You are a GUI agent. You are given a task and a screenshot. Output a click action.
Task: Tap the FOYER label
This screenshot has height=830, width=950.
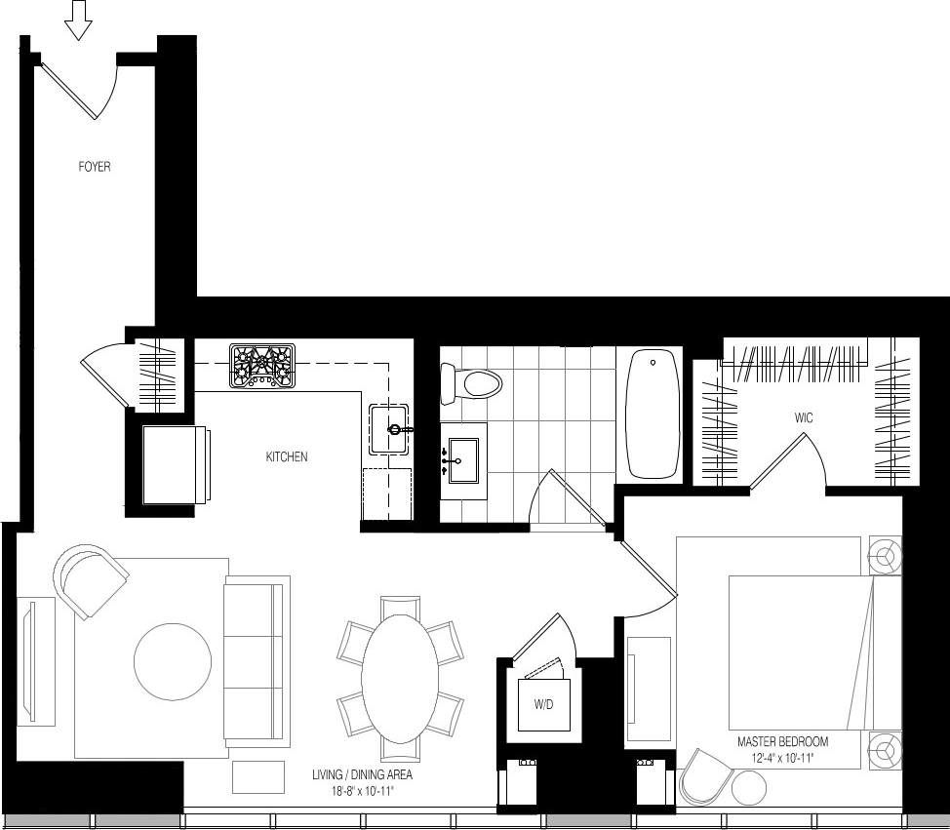pyautogui.click(x=95, y=167)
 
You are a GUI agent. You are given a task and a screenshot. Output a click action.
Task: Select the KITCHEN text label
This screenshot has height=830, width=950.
pyautogui.click(x=287, y=456)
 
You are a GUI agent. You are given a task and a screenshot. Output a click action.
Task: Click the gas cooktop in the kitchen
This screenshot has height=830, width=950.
pyautogui.click(x=261, y=366)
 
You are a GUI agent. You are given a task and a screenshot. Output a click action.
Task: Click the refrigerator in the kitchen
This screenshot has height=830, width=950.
pyautogui.click(x=176, y=464)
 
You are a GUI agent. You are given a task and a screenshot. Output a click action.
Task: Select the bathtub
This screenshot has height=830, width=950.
pyautogui.click(x=653, y=415)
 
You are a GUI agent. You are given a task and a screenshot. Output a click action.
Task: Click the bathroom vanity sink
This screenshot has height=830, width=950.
pyautogui.click(x=464, y=460)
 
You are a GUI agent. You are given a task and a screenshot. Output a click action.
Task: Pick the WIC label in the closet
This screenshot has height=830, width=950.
pyautogui.click(x=804, y=417)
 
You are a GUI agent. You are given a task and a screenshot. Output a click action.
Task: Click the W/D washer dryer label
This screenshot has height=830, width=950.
pyautogui.click(x=542, y=705)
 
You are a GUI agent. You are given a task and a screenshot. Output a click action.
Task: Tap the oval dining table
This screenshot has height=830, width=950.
pyautogui.click(x=400, y=679)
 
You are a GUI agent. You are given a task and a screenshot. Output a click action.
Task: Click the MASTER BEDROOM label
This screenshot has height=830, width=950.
pyautogui.click(x=783, y=742)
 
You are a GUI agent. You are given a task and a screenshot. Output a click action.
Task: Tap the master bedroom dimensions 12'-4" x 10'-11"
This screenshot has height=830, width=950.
pyautogui.click(x=782, y=758)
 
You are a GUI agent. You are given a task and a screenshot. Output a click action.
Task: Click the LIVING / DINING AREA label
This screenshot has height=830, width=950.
pyautogui.click(x=362, y=775)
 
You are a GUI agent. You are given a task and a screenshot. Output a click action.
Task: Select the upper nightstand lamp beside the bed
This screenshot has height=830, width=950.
pyautogui.click(x=886, y=557)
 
